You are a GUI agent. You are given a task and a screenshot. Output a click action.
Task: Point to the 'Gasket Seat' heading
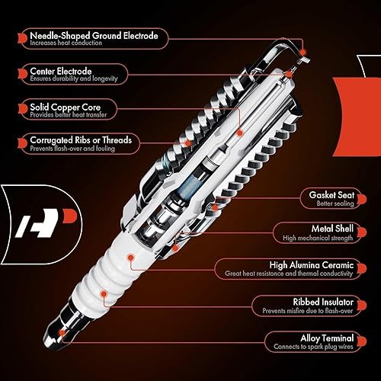pyautogui.click(x=329, y=194)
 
